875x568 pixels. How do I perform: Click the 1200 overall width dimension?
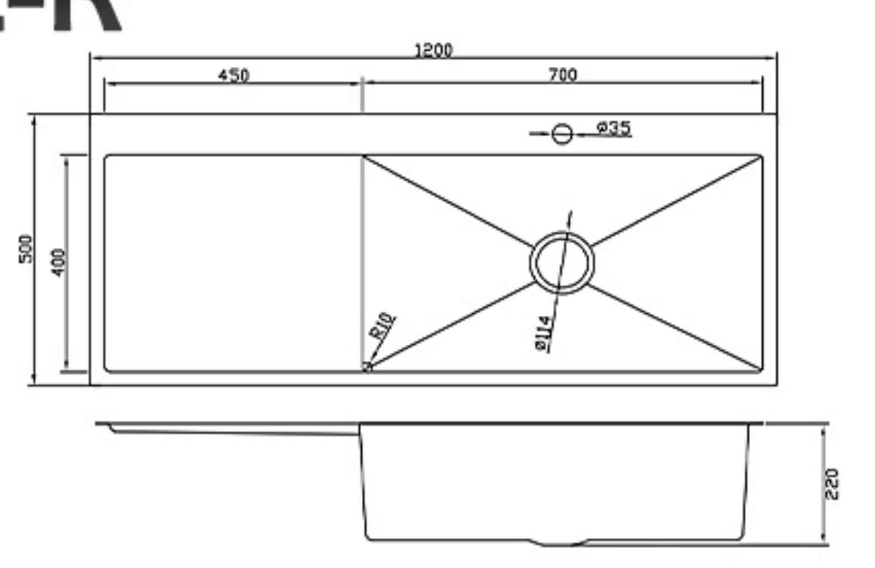point(434,50)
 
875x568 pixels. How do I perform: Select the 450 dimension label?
point(234,75)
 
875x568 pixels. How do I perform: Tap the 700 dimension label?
point(563,74)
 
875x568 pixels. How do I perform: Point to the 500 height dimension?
point(26,249)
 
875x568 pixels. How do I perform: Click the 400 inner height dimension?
point(59,262)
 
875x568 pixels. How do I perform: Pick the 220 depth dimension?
point(831,484)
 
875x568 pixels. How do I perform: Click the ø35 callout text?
point(614,128)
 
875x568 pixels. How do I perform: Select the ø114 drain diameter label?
point(543,333)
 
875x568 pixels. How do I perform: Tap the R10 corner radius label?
point(382,325)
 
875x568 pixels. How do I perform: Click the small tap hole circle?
point(562,134)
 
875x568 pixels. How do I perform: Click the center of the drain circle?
point(562,262)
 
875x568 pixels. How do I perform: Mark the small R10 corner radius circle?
point(367,366)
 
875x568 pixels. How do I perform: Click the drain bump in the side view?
point(558,543)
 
